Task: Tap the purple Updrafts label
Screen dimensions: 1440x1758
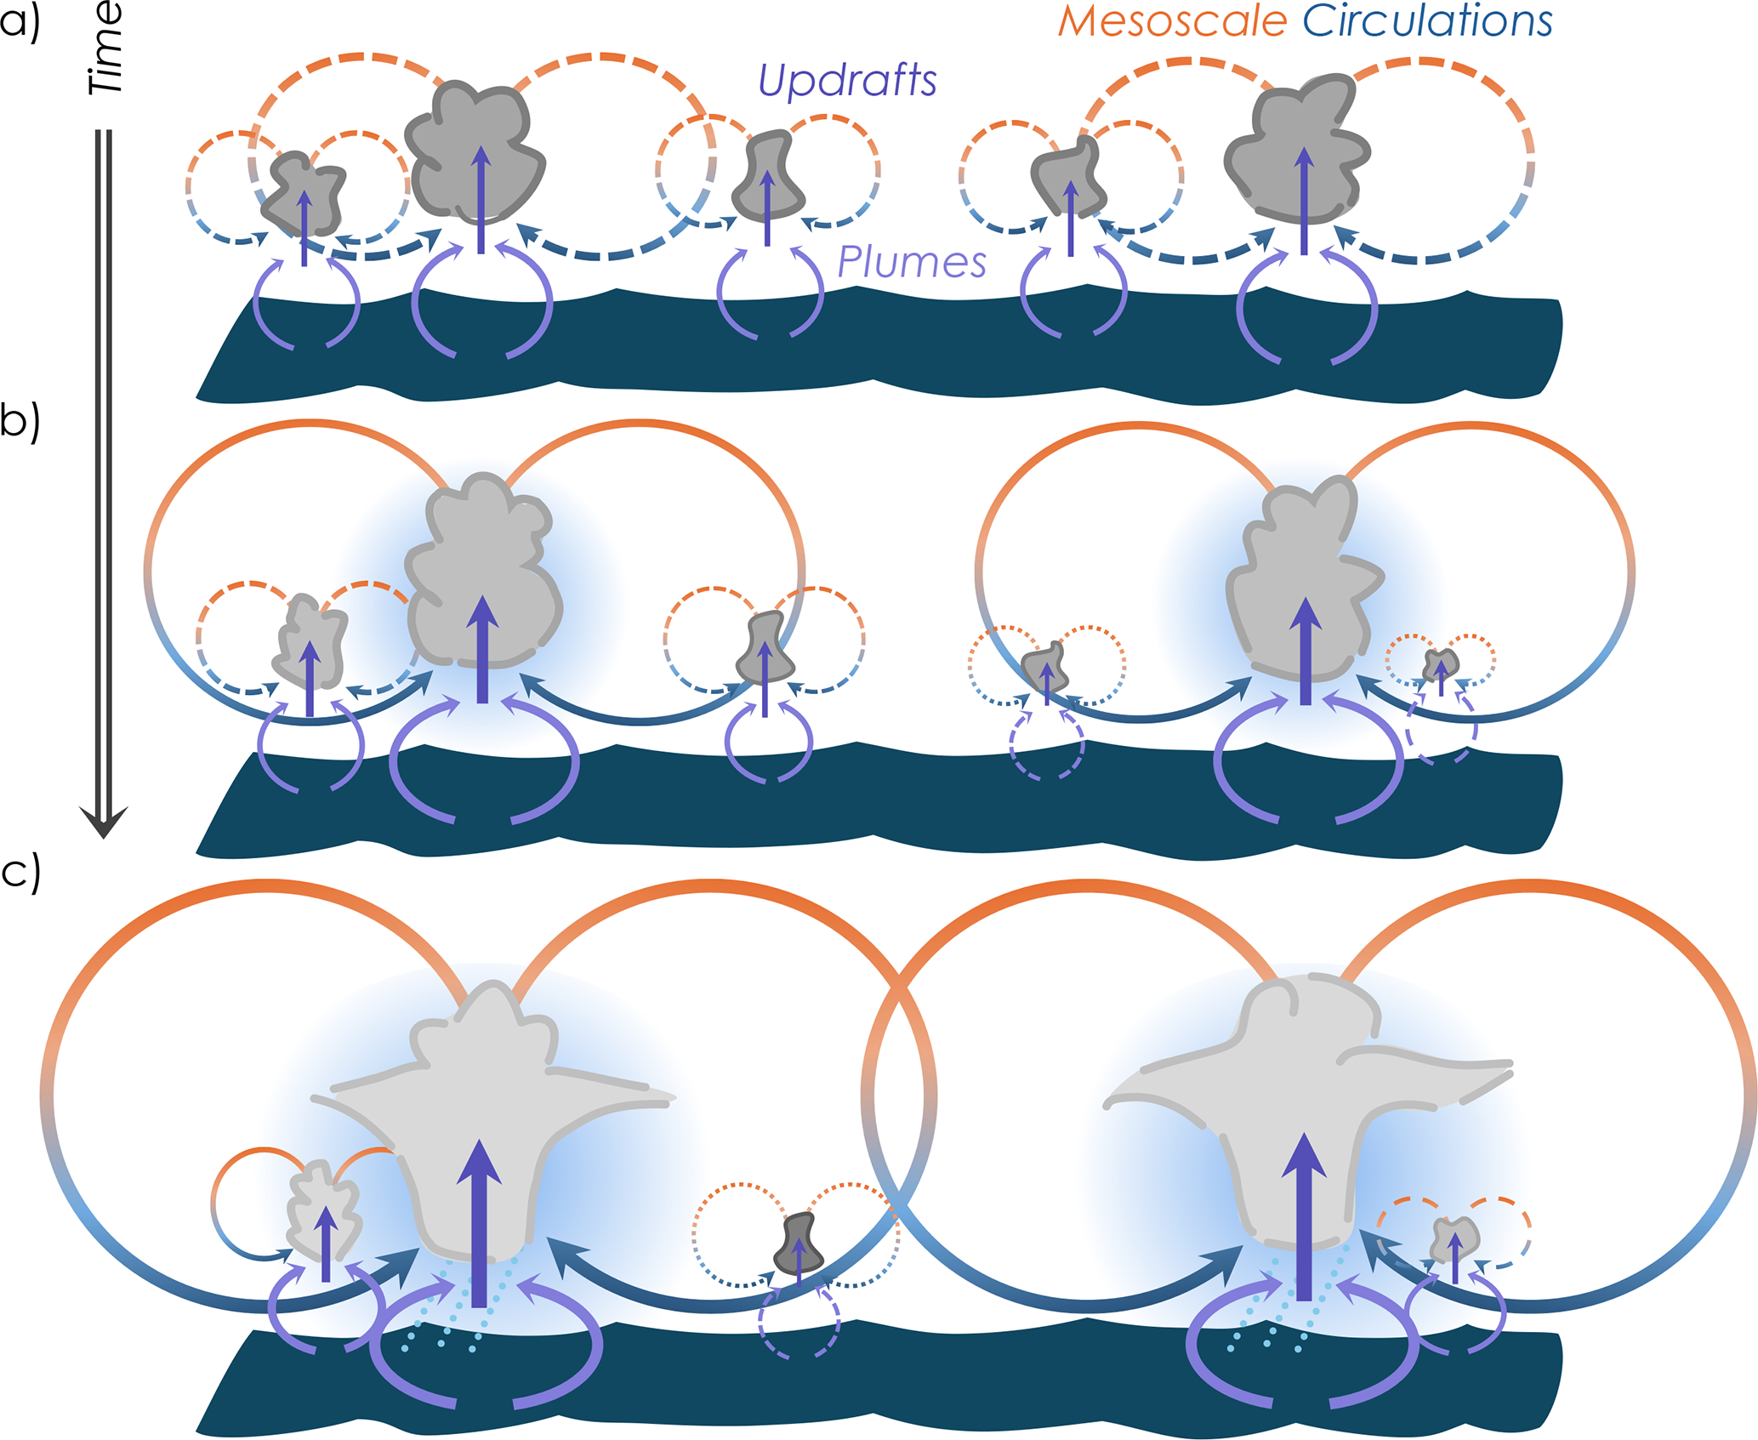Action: tap(847, 81)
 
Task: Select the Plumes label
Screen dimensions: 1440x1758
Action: tap(912, 262)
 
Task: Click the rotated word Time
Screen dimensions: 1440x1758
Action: tap(107, 48)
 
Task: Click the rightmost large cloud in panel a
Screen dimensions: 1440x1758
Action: tap(1294, 149)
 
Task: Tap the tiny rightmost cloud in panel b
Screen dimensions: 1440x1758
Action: tap(1441, 663)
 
